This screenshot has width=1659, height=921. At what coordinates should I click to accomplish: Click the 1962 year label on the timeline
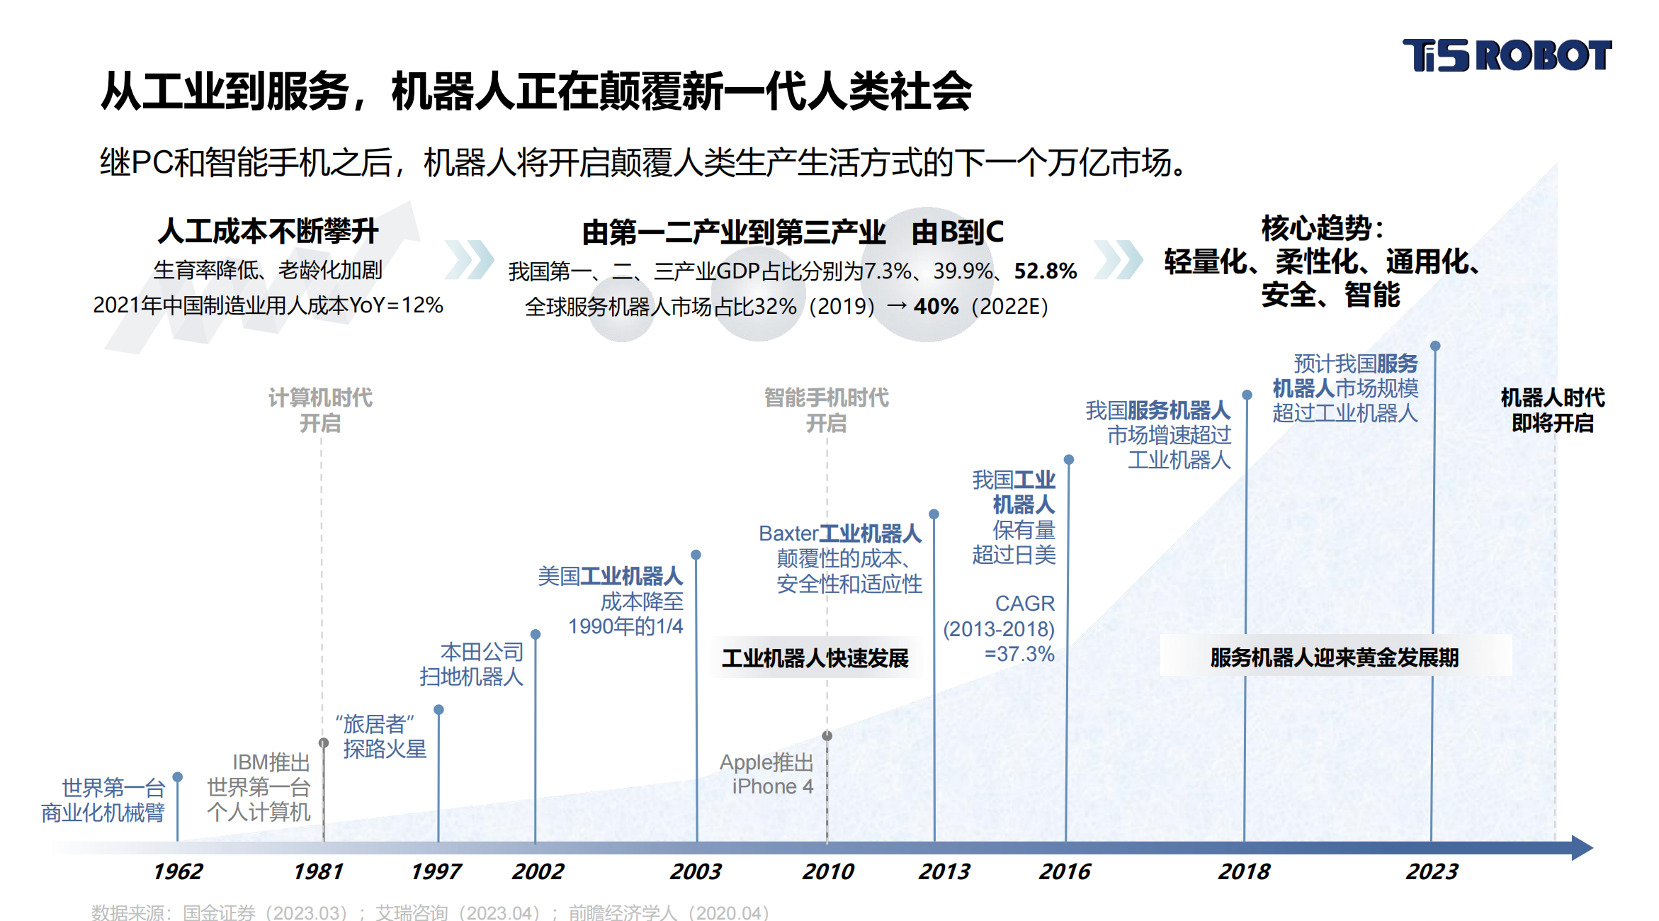coord(178,871)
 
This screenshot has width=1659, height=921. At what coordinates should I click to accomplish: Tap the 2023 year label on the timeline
coord(1432,871)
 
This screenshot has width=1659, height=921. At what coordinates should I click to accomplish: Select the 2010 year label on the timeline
coord(827,871)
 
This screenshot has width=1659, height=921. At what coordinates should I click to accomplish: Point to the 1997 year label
coord(436,871)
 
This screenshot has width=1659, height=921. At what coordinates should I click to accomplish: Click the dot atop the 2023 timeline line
coord(1435,346)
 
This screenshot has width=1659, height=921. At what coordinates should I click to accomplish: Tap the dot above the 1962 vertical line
coord(178,777)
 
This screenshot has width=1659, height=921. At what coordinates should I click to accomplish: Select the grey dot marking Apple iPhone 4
coord(827,735)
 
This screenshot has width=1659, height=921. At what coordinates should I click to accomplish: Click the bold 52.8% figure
coord(1045,271)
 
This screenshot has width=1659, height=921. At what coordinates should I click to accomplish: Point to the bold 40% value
coord(936,306)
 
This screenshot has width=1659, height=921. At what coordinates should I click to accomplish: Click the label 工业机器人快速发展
coord(815,658)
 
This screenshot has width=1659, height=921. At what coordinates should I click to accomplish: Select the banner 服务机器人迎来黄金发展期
coord(1334,657)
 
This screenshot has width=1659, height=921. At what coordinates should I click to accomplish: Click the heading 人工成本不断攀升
coord(268,231)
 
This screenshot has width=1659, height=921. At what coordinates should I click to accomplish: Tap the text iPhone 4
coord(772,786)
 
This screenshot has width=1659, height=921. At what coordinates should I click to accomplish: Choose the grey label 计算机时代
coord(320,397)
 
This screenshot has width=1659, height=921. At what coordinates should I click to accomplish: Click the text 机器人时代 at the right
coord(1552,397)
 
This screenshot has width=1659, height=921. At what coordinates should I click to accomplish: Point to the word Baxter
coord(788,533)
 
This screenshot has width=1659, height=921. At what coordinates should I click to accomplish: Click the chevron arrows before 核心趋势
coord(1117,259)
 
